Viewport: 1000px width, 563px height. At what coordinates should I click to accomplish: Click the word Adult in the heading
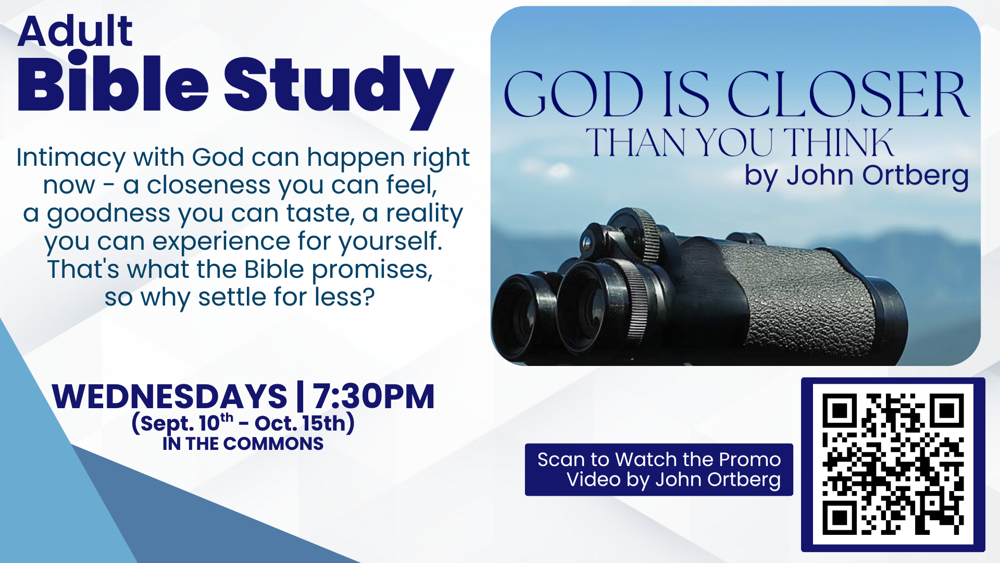tap(76, 31)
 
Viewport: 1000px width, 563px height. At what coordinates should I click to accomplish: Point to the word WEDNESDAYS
tap(169, 396)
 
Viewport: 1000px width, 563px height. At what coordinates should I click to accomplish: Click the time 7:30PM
tap(373, 396)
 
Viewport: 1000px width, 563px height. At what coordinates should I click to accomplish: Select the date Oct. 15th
tap(301, 423)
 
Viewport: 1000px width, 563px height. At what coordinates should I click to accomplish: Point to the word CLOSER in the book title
tap(848, 94)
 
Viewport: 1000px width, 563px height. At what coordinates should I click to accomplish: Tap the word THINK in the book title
tap(839, 142)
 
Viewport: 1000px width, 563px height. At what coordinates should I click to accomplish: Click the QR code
tap(893, 464)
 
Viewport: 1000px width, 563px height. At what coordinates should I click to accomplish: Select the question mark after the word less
tap(368, 297)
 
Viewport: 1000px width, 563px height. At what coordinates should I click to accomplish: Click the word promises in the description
tap(372, 271)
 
